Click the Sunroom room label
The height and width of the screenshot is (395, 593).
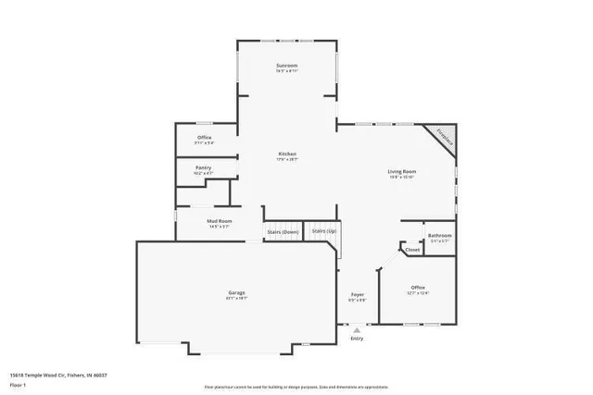[286, 66]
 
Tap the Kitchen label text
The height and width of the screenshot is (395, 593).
[287, 154]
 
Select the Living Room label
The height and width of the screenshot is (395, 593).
[401, 171]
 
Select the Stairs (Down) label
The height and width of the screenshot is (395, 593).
[283, 231]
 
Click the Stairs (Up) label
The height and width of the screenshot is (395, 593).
[323, 230]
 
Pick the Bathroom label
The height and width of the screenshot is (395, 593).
[440, 236]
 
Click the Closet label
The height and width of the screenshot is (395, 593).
[412, 249]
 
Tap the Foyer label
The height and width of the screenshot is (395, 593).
[357, 296]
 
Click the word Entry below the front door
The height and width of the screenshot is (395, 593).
[357, 339]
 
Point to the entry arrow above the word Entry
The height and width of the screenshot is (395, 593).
[357, 329]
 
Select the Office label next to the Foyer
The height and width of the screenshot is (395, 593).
[419, 289]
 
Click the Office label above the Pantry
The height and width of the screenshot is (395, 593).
[205, 138]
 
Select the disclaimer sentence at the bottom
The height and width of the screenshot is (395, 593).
[296, 388]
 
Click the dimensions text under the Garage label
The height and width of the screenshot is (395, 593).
[236, 298]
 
